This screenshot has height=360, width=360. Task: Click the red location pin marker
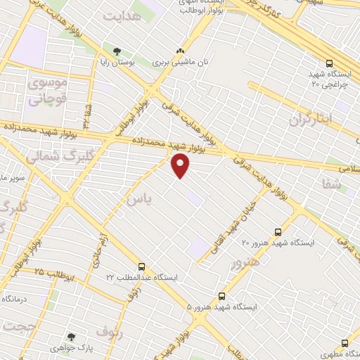pyautogui.click(x=181, y=165)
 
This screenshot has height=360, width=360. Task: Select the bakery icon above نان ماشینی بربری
pyautogui.click(x=181, y=51)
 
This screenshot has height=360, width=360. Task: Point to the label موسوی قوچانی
pyautogui.click(x=46, y=91)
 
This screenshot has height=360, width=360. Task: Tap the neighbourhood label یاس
pyautogui.click(x=138, y=199)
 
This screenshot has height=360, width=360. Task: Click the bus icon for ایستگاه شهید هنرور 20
pyautogui.click(x=278, y=231)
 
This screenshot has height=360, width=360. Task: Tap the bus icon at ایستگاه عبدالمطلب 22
pyautogui.click(x=142, y=266)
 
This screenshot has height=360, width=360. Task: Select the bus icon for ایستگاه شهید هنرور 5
pyautogui.click(x=222, y=295)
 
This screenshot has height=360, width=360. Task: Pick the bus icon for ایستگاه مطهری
pyautogui.click(x=345, y=343)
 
